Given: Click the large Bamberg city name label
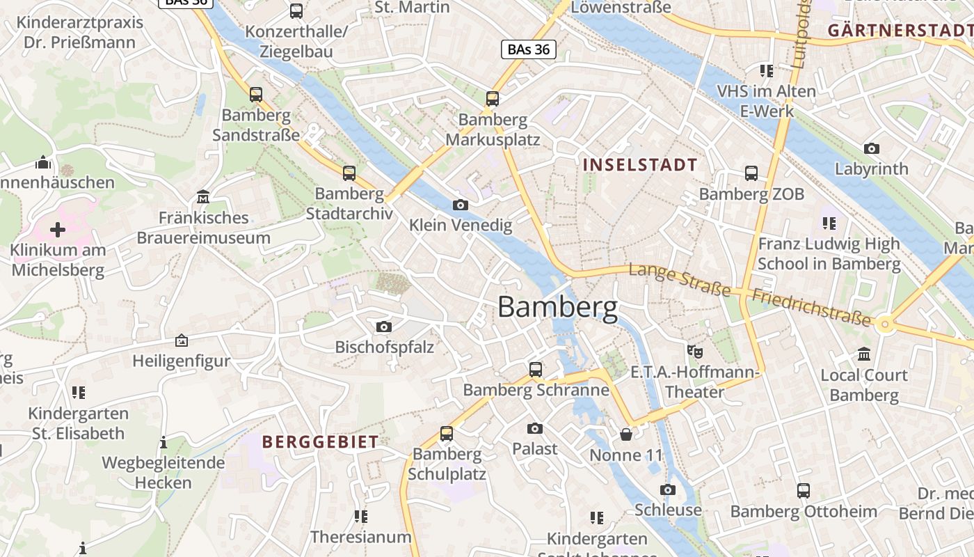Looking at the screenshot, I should [557, 307].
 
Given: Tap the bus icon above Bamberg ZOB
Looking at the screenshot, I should [751, 173].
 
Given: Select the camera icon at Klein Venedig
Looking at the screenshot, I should [460, 205].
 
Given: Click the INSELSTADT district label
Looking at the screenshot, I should [640, 165].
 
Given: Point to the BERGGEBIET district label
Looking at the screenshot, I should [321, 441].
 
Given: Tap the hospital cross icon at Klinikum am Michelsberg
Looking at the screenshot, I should [58, 230].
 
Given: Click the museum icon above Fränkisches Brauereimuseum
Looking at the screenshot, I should [203, 197].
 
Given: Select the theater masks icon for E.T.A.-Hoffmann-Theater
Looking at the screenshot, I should [694, 351].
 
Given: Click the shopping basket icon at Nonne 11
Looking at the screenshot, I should [626, 434].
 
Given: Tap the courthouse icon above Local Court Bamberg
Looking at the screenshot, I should [864, 354].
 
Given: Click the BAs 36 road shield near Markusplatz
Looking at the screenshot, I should [528, 49].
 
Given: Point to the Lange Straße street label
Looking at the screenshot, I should [679, 278].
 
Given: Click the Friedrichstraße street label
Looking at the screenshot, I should [811, 306].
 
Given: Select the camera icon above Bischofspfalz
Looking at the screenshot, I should [383, 327].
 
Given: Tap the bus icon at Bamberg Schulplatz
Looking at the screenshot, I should [447, 434].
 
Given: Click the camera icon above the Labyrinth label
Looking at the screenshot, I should [871, 148].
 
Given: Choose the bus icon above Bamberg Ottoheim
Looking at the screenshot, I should [804, 491].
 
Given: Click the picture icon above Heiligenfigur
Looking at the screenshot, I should [181, 340].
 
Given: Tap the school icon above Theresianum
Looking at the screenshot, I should [360, 516].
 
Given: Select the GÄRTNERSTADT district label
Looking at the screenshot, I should [900, 30].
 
